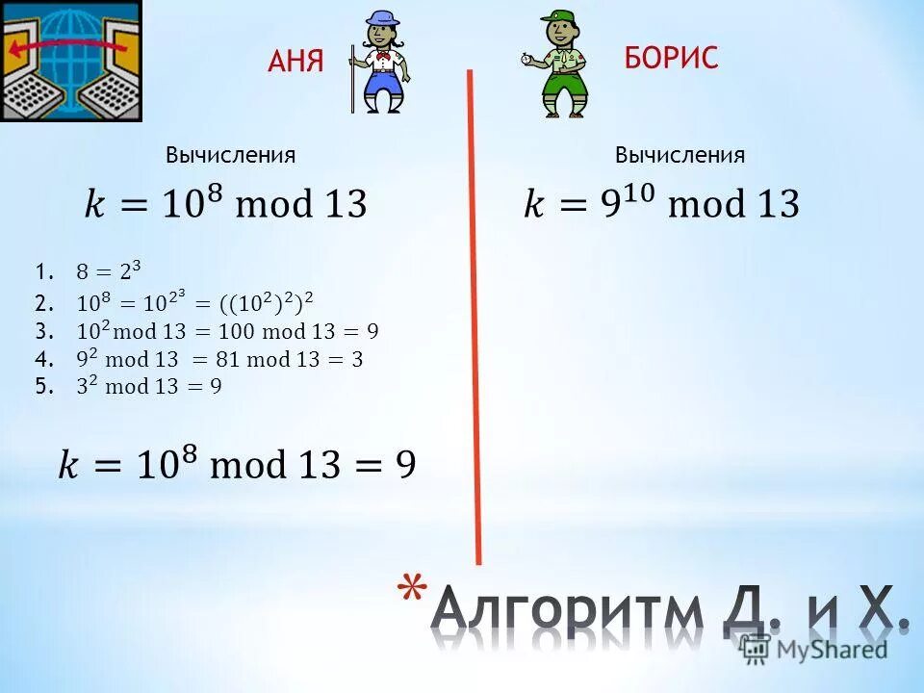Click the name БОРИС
[672, 58]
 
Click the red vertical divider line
[473, 318]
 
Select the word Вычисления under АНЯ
[229, 155]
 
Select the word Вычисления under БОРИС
[680, 155]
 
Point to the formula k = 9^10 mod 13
[661, 204]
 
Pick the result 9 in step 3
[372, 332]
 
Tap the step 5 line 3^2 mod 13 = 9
[149, 387]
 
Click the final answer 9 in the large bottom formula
[405, 466]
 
